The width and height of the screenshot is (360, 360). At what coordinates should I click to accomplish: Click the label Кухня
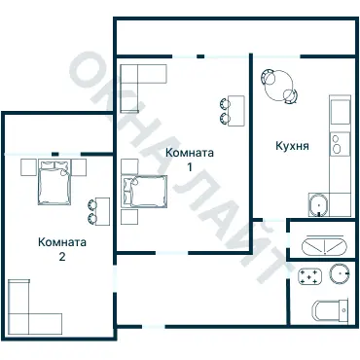[292, 146]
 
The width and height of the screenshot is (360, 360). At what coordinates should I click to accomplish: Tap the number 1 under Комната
[190, 167]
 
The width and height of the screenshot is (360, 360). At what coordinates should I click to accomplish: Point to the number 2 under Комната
[62, 257]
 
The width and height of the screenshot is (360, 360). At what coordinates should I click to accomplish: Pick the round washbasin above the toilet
[340, 273]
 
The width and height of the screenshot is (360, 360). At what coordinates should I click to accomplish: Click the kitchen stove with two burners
[340, 144]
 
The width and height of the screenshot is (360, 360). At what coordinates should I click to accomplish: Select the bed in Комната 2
[54, 182]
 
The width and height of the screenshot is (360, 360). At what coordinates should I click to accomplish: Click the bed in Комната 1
[144, 191]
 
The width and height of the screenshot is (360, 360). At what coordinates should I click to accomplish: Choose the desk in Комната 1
[236, 111]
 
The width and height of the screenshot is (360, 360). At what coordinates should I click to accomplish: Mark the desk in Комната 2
[102, 211]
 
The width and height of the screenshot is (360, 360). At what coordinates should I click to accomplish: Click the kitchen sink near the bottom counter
[319, 205]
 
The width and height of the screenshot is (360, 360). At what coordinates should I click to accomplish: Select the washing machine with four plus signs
[309, 276]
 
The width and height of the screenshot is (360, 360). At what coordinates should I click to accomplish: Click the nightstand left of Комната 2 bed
[28, 167]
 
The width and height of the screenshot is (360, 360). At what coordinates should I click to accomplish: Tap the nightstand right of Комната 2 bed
[79, 167]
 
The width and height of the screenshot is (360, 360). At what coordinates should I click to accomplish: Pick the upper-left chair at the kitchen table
[269, 77]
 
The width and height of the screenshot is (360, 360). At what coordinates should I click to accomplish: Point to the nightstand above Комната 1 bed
[129, 166]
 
